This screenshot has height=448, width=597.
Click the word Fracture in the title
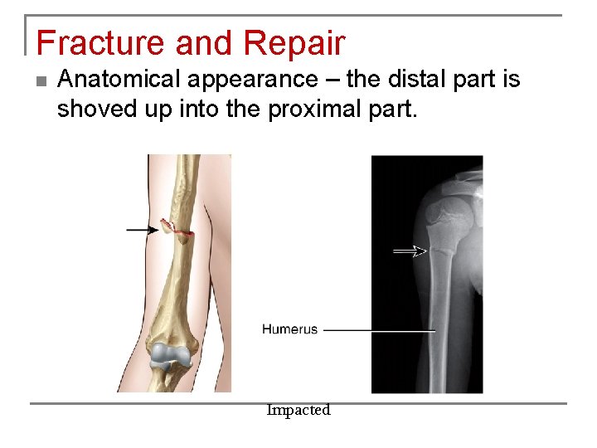90,44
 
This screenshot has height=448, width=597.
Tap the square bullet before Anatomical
41,81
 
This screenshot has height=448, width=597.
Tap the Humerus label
289,329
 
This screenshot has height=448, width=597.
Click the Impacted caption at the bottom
298,410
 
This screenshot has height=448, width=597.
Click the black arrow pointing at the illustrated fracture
142,229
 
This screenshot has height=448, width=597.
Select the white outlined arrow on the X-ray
409,251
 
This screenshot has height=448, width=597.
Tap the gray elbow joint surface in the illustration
169,356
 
